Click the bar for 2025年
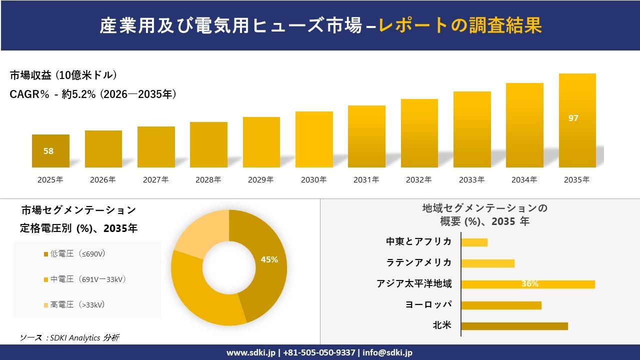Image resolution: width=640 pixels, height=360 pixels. click(x=50, y=151)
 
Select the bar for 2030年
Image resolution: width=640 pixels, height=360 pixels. click(x=314, y=139)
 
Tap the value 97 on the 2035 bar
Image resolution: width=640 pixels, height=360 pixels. click(x=573, y=118)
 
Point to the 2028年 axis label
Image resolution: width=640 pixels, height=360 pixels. click(x=208, y=180)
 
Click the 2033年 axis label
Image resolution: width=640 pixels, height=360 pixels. click(x=471, y=180)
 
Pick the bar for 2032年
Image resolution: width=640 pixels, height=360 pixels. click(x=419, y=133)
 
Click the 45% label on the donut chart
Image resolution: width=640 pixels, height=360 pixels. click(x=269, y=259)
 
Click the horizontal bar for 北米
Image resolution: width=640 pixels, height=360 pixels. click(x=514, y=326)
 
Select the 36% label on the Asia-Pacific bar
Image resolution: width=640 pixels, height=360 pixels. click(x=529, y=284)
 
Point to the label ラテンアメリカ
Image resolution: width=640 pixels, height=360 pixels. click(x=419, y=262)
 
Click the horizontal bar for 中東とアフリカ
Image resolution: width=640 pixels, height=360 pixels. click(x=474, y=242)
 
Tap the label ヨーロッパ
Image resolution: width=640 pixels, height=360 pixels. click(x=428, y=304)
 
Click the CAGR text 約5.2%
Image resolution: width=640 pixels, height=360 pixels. click(x=78, y=94)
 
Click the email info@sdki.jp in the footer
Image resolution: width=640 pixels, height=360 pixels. click(x=387, y=352)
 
